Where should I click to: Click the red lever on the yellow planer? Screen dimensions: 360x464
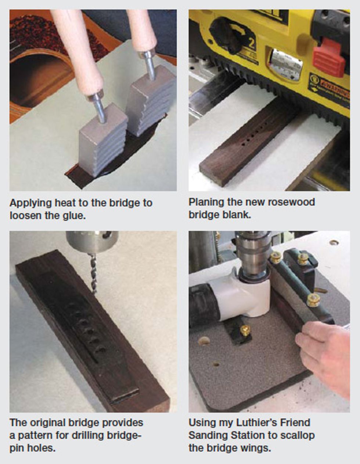click(x=329, y=56)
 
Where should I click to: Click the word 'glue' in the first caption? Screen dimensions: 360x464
click(x=74, y=216)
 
